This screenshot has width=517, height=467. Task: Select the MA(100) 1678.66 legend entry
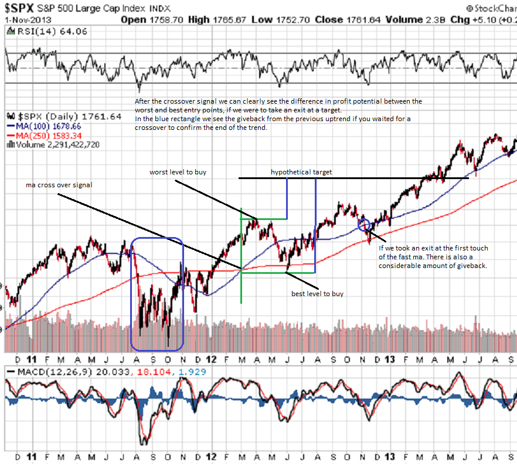45,125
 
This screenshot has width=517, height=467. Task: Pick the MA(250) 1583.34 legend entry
45,135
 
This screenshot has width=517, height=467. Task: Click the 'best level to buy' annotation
317,293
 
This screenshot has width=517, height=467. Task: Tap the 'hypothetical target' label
301,172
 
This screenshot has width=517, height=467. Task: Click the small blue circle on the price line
363,224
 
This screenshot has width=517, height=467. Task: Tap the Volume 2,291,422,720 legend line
52,145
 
